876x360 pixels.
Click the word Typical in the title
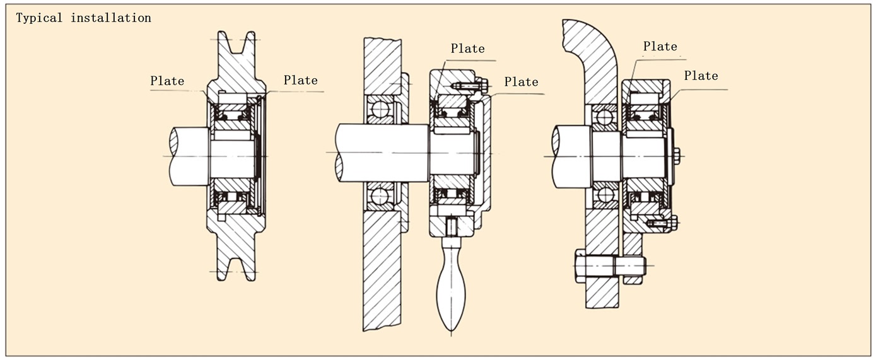coord(40,18)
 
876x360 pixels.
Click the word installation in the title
coord(111,18)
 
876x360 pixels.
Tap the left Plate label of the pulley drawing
coord(167,81)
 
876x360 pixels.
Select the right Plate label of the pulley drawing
coord(300,80)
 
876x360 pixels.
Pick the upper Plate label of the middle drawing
coord(467,49)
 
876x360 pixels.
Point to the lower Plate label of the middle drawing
coord(521,82)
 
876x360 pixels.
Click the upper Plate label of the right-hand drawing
coord(660,47)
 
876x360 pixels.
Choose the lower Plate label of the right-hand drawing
coord(701,76)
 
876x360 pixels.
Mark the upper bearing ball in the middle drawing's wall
coord(380,110)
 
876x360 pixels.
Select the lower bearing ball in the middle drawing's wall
coord(380,196)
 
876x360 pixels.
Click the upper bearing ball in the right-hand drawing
coord(605,117)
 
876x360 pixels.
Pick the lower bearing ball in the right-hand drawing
coord(605,195)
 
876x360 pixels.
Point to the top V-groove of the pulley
coord(237,44)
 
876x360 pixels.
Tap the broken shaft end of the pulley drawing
coord(173,156)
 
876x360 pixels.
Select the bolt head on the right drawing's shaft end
coord(676,156)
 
